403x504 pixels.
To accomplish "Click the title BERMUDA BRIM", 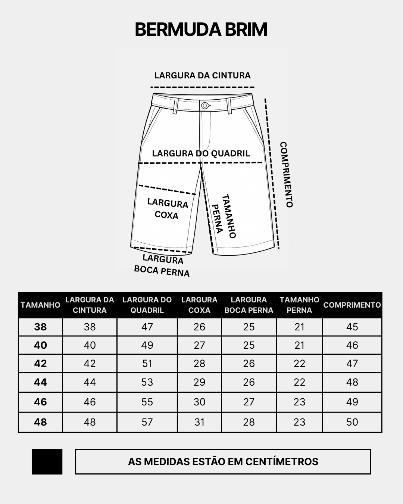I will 201,29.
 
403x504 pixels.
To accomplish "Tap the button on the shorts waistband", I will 204,106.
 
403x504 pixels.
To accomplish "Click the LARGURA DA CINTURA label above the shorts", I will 202,75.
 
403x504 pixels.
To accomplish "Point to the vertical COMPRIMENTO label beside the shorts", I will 287,174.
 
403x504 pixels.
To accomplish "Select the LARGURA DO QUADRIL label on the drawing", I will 201,153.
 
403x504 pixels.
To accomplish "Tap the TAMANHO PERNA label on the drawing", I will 224,216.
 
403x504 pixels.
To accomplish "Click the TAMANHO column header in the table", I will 40,305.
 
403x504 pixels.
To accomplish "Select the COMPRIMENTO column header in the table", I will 352,305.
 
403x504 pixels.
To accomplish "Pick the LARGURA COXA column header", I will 199,305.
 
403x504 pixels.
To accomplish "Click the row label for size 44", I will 40,382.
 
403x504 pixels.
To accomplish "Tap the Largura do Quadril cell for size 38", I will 147,327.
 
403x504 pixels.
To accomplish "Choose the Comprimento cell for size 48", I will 352,422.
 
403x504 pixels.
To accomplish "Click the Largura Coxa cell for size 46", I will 199,402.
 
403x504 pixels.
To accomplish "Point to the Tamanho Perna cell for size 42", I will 299,364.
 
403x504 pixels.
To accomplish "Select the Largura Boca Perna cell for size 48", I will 249,422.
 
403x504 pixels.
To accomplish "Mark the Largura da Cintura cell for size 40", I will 90,345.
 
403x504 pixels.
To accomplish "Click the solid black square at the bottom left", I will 47,461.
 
